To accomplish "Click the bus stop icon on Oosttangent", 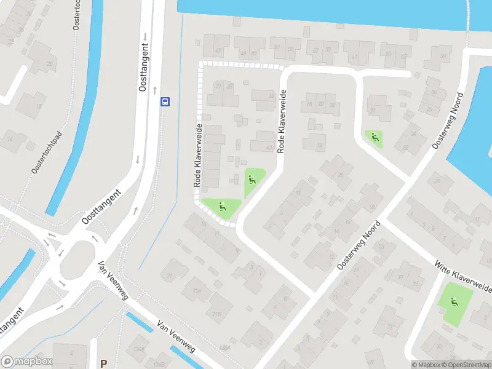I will coord(165,102).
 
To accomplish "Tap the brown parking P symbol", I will coord(103,363).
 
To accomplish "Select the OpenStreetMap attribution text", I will coord(466,365).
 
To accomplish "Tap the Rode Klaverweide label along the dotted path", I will coord(199,154).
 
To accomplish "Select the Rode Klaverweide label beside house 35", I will coord(282,121).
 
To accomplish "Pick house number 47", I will coord(218,50).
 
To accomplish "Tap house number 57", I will coord(315,50).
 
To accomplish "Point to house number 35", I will coord(271,95).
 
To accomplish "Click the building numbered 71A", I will coord(197,291).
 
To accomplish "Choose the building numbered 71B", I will coord(216,313).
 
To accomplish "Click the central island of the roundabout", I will coord(76,256).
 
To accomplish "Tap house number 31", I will coord(218,85).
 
